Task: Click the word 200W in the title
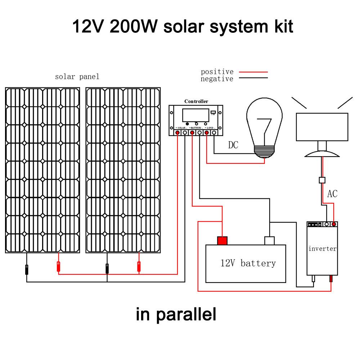tap(133, 26)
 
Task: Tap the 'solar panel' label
tap(77, 77)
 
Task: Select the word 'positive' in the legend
tap(217, 72)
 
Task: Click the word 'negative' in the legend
tap(217, 79)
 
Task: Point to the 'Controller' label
tap(196, 102)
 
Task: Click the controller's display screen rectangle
tap(195, 115)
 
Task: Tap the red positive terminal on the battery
tap(222, 240)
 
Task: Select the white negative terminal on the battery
tap(269, 240)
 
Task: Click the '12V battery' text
tap(248, 263)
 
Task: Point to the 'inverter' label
tap(322, 249)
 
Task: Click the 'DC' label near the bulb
tap(233, 145)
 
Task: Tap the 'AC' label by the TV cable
tap(332, 194)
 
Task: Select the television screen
tap(322, 127)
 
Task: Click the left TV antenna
tap(299, 103)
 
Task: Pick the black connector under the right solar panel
tap(107, 268)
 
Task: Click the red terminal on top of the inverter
tap(334, 224)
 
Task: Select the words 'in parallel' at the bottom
tap(176, 314)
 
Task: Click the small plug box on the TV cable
tap(322, 180)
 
